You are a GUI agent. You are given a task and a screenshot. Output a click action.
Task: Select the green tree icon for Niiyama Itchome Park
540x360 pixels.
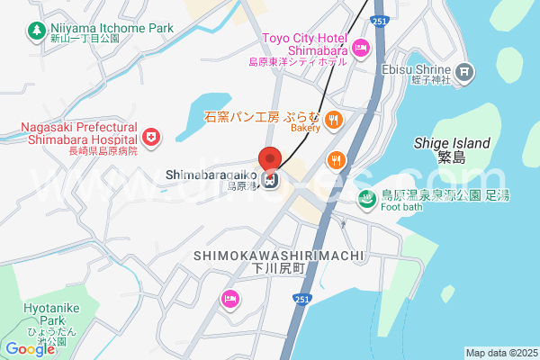tap(36, 31)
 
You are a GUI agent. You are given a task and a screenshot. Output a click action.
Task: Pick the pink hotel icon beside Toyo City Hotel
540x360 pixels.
tap(361, 48)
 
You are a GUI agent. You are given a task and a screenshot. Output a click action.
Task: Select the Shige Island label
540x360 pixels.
tap(452, 143)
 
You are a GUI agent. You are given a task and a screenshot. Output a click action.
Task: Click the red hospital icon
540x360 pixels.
tap(151, 137)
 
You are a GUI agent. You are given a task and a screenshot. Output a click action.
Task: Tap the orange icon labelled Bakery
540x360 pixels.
tap(333, 119)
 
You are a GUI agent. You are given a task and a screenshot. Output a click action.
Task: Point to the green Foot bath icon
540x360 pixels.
tap(367, 199)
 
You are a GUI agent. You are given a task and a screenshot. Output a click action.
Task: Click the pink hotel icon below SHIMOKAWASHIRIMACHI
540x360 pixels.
tap(230, 298)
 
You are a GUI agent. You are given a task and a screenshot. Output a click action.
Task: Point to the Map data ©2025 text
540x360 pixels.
tap(500, 353)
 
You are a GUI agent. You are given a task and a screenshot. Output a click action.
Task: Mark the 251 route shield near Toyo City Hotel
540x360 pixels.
tap(381, 20)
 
